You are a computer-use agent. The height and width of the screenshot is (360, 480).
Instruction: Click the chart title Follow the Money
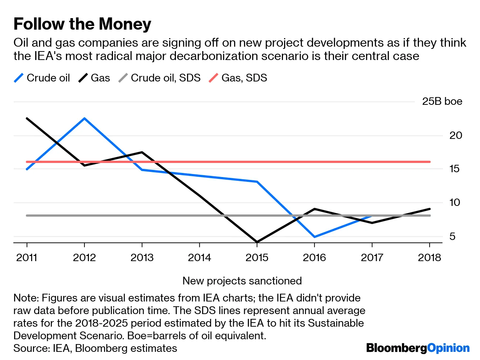tap(82, 24)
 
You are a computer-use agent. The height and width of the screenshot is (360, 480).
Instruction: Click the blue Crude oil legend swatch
tap(19, 78)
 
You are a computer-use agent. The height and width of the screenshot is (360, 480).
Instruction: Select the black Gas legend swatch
tap(83, 78)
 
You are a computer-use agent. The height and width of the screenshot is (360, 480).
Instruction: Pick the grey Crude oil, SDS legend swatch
tap(123, 78)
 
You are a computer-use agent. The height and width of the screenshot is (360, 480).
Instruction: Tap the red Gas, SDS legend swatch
tap(214, 78)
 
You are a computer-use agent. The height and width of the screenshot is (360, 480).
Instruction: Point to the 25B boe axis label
tap(442, 101)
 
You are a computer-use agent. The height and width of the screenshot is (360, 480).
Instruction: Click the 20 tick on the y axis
tap(456, 136)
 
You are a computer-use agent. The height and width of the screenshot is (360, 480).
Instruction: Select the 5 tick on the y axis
tap(452, 237)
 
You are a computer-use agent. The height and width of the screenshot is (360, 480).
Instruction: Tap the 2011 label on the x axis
tap(27, 258)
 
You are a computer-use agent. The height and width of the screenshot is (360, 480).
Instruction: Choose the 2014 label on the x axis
tap(199, 258)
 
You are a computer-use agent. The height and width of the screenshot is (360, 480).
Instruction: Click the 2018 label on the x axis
tap(429, 258)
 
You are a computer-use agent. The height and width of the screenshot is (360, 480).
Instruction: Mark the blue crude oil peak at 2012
tap(84, 119)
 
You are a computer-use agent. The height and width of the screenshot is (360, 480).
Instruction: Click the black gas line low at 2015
tap(257, 242)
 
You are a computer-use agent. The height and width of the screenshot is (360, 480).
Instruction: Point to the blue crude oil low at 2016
tap(314, 237)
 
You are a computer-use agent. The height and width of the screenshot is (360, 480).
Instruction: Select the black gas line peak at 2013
tap(142, 152)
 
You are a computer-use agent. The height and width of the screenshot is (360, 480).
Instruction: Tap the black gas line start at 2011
tap(27, 119)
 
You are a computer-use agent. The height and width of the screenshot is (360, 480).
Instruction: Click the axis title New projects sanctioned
tap(242, 281)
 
